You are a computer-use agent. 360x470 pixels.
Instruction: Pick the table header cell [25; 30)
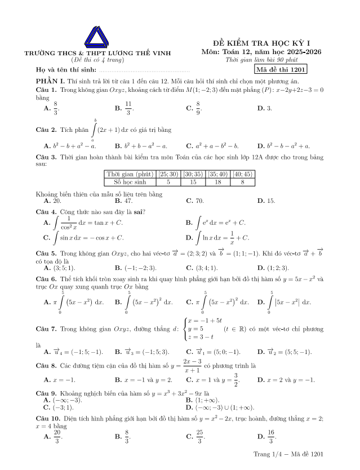(x=168, y=174)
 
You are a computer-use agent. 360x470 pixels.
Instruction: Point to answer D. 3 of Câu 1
(x=264, y=108)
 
